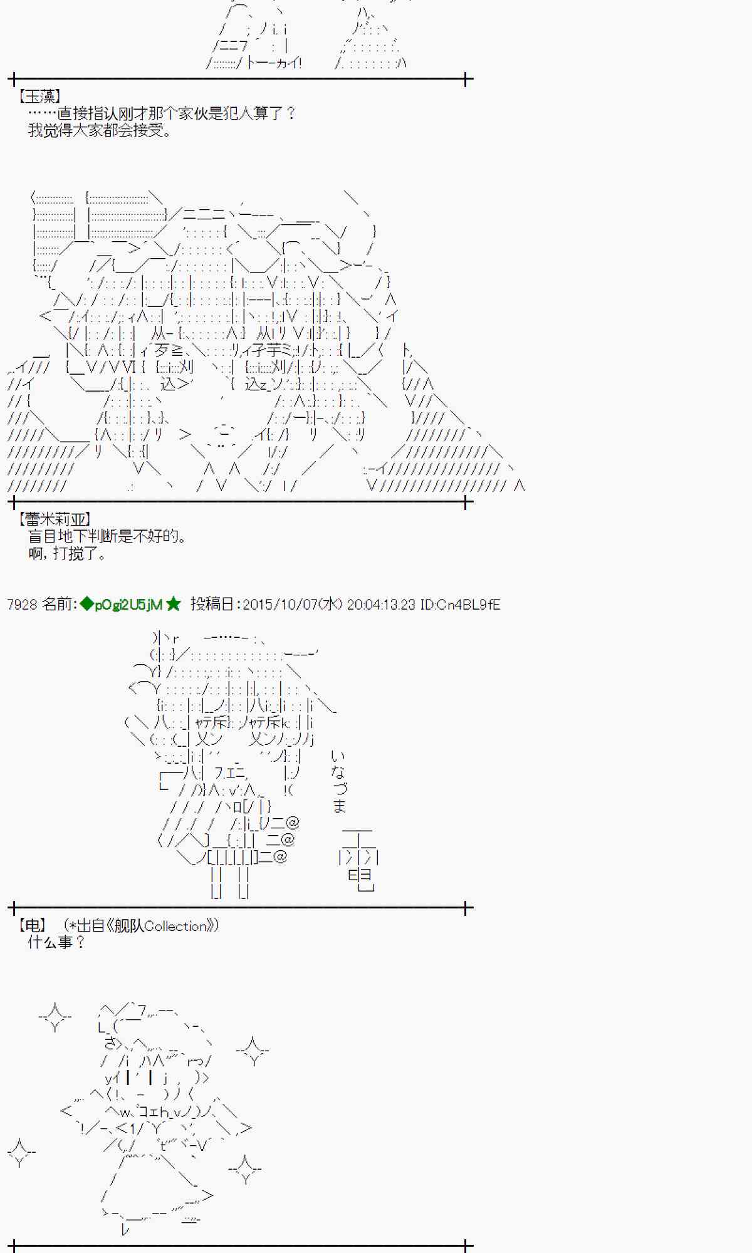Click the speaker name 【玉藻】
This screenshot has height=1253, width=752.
pos(39,96)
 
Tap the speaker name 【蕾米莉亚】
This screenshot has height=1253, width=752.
pos(55,519)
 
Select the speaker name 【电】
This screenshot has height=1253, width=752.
pos(32,925)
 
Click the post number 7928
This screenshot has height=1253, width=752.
pos(22,605)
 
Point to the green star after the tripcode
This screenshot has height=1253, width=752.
pos(174,605)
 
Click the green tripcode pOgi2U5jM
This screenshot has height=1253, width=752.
pos(128,605)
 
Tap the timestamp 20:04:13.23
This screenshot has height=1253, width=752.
pos(381,605)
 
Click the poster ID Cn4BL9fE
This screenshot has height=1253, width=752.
pos(469,605)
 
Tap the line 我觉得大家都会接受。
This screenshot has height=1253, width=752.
pos(100,130)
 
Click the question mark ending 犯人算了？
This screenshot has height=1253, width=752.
pos(290,113)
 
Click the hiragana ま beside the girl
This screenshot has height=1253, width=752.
pos(339,806)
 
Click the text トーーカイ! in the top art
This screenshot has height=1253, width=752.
pos(274,63)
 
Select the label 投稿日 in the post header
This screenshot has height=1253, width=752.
pos(212,605)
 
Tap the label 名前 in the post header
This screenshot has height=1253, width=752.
pos(58,605)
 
